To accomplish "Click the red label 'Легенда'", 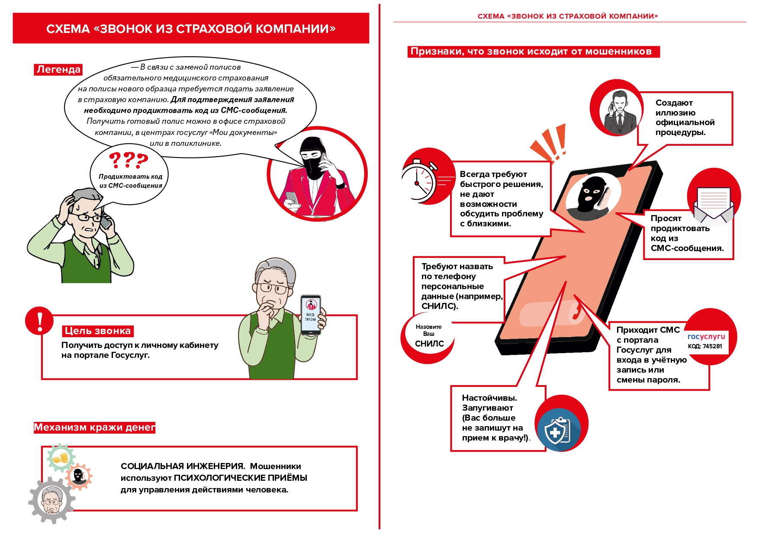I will click(58, 69).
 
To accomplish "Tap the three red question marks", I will click(129, 161).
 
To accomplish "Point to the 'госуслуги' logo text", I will click(706, 337).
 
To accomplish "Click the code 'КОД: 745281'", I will click(705, 346).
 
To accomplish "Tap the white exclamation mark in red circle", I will click(40, 321).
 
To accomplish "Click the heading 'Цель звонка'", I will click(98, 331).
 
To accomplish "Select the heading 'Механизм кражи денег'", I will click(94, 428).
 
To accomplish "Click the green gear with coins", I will click(61, 458).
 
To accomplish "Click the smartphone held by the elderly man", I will click(311, 315).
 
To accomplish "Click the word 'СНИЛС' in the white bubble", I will click(429, 344).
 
